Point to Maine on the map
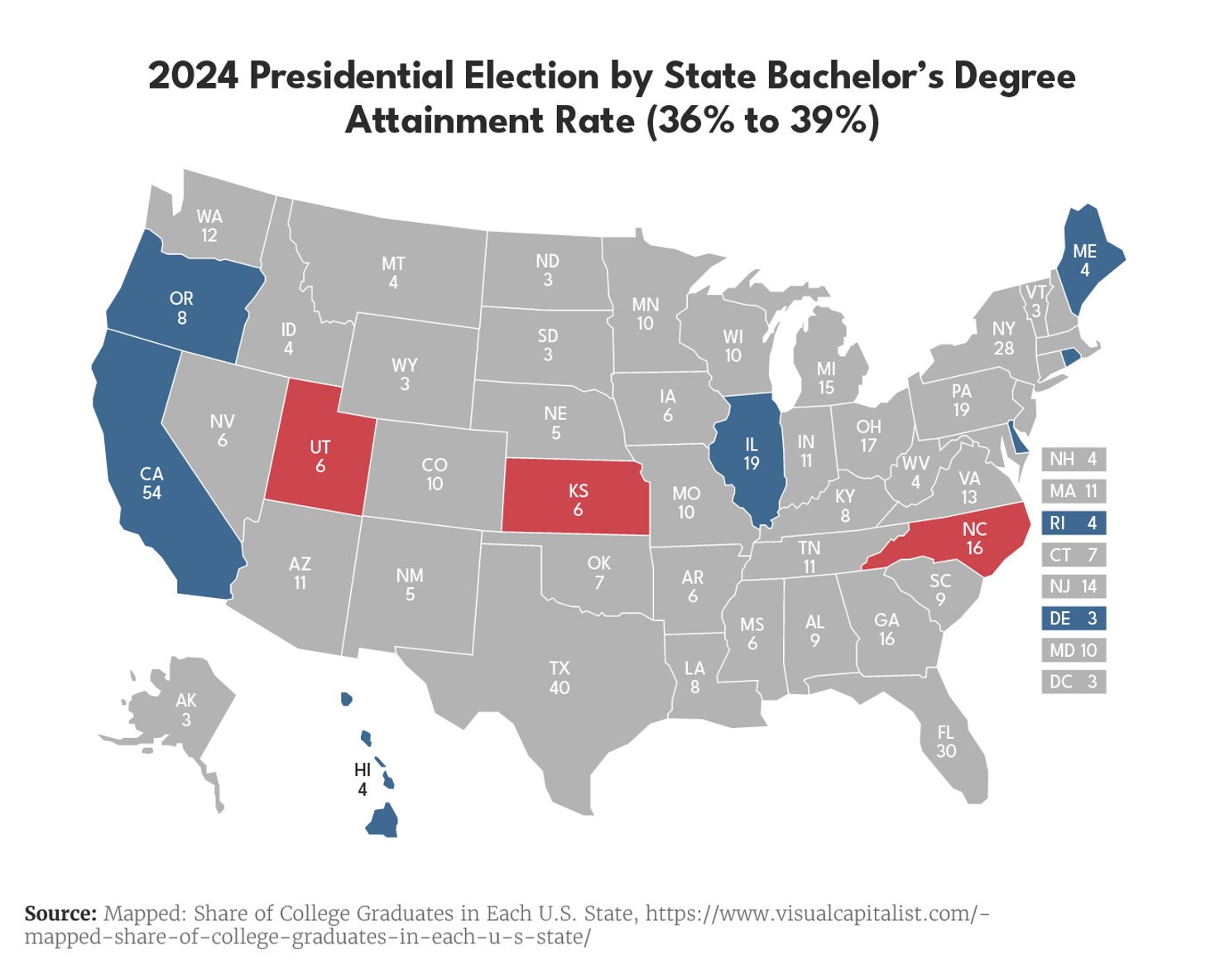coord(1084,260)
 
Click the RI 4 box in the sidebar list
coord(1074,523)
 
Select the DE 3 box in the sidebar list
coord(1074,619)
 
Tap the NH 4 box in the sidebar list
coord(1074,460)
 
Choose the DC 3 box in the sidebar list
coord(1074,682)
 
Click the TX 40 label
coord(560,677)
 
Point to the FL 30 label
coord(945,742)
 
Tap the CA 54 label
coord(151,484)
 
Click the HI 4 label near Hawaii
coord(362,779)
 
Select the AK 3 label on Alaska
coord(186,710)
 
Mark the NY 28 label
coord(1003,339)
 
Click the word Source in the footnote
coord(60,914)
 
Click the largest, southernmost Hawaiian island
coord(382,822)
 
